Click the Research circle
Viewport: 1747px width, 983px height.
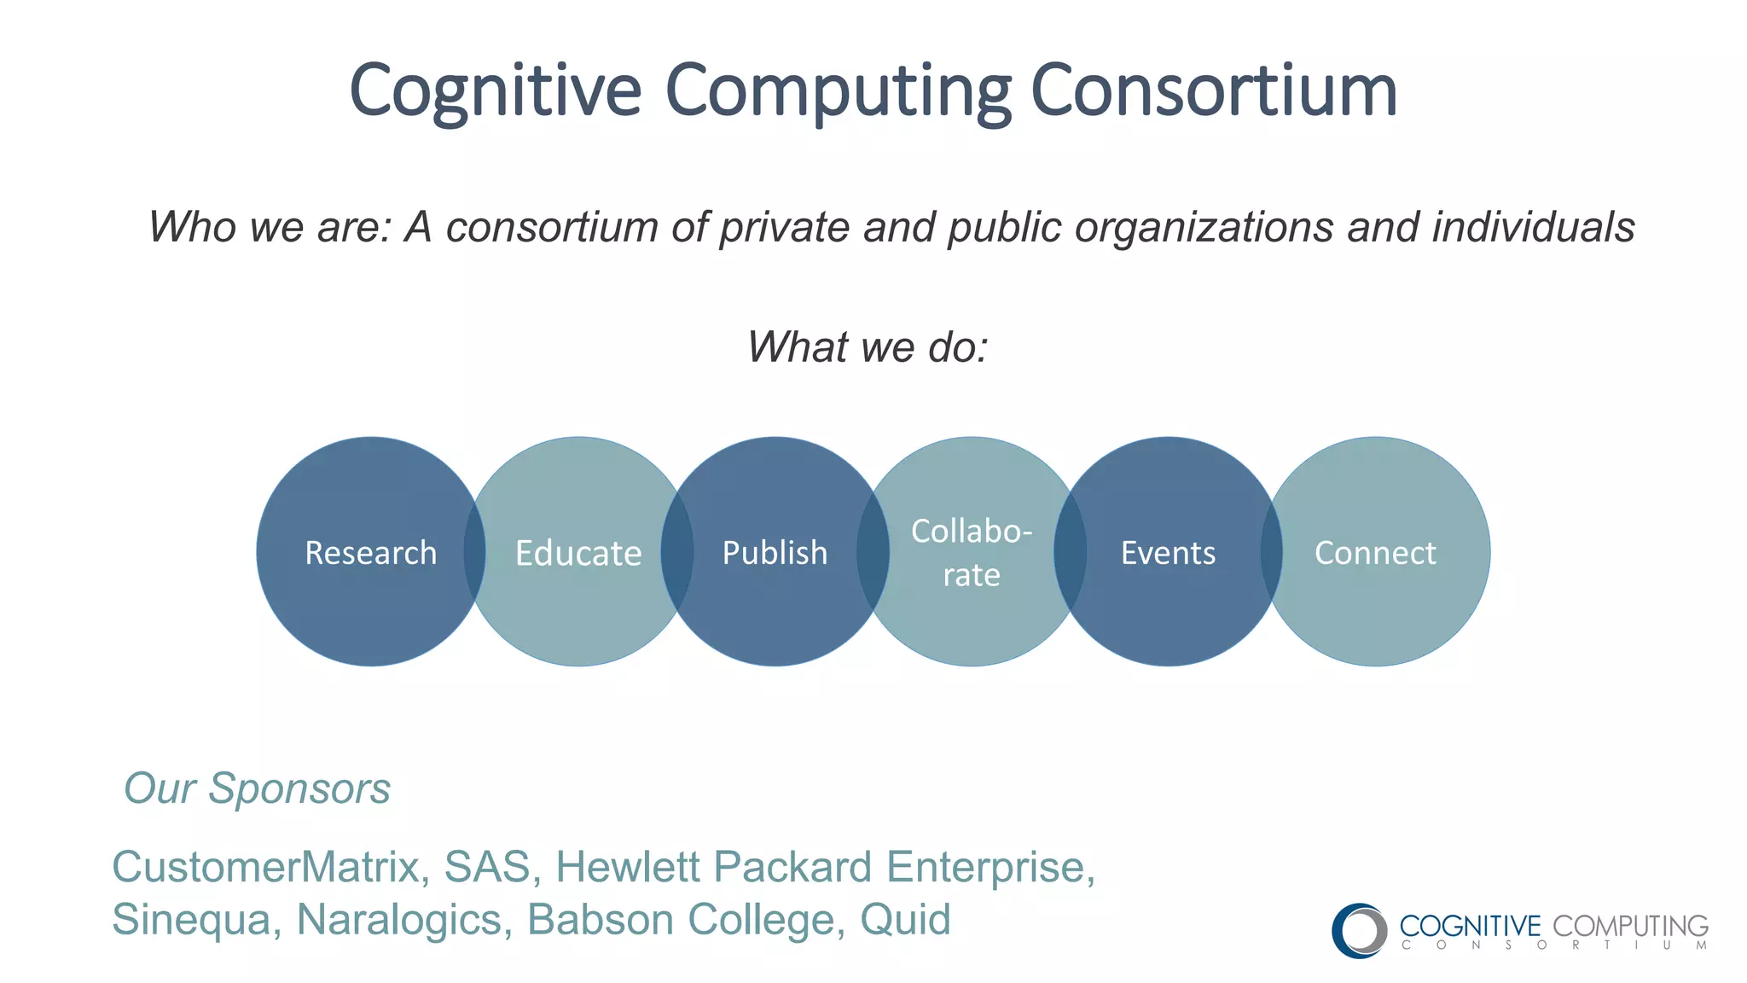[370, 552]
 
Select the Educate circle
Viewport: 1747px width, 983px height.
[578, 553]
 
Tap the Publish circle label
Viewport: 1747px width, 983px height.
[775, 553]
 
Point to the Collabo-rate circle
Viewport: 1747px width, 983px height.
[972, 552]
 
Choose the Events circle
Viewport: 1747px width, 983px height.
[1168, 553]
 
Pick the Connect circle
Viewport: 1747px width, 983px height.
[1375, 553]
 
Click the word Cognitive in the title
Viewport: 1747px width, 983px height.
[496, 91]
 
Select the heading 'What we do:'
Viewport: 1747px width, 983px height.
[868, 347]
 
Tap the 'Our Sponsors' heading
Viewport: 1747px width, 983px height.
[257, 788]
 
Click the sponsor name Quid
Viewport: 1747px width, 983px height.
[905, 920]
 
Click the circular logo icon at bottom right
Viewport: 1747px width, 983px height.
[1359, 930]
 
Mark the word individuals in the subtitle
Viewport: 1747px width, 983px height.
[1533, 227]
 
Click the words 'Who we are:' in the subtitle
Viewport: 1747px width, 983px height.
[270, 227]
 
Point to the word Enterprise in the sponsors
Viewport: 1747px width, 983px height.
[990, 867]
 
